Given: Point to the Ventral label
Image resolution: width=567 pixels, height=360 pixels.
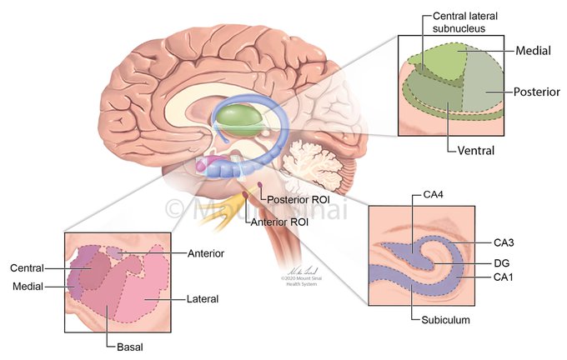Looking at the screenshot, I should tap(476, 152).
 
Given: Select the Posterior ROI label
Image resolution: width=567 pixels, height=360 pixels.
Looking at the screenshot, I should tap(297, 200).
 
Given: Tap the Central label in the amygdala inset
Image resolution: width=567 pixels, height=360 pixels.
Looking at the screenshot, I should tap(28, 268).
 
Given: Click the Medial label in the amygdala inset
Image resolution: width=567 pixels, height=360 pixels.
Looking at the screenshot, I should tap(28, 286).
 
